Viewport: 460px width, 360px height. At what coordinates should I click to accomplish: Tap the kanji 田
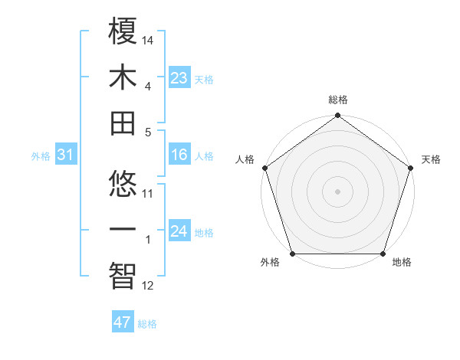click(x=123, y=123)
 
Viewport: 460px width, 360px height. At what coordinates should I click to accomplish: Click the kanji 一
click(x=123, y=231)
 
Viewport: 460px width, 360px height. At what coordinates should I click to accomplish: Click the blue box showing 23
click(x=179, y=77)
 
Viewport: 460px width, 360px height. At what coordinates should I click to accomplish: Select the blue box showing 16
click(x=179, y=155)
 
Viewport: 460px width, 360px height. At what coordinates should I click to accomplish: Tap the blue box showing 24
click(x=179, y=232)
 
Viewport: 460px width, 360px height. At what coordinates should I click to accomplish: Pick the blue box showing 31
click(x=65, y=155)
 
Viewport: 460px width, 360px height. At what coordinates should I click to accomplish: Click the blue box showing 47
click(x=122, y=322)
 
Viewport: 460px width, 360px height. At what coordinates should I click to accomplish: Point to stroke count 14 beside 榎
click(x=148, y=39)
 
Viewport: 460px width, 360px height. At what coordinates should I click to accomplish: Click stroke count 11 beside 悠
click(x=148, y=193)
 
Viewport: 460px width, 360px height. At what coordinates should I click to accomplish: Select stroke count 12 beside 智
click(x=148, y=286)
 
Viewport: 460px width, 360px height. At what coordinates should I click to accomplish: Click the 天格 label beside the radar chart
click(x=431, y=159)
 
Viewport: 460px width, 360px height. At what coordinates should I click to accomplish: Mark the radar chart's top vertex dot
click(x=338, y=116)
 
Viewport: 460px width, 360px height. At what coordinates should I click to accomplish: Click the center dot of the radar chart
click(x=338, y=191)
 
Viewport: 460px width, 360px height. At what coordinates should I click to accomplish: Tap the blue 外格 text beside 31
click(x=41, y=156)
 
